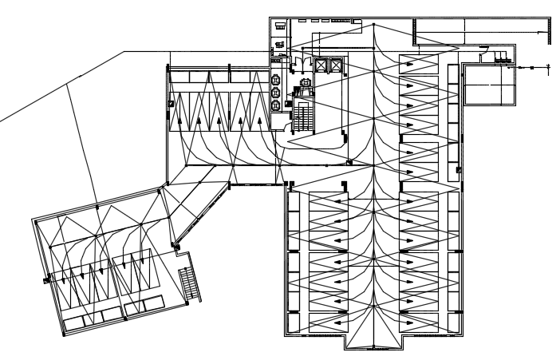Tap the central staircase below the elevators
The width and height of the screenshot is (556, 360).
point(304,117)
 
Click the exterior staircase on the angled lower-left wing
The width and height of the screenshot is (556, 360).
point(190,281)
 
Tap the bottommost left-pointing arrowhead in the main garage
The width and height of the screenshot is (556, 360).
point(338,323)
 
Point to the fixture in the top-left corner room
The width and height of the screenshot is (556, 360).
point(281,26)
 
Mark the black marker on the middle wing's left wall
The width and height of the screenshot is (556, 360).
point(171,104)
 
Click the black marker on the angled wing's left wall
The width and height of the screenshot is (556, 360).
point(48,278)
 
